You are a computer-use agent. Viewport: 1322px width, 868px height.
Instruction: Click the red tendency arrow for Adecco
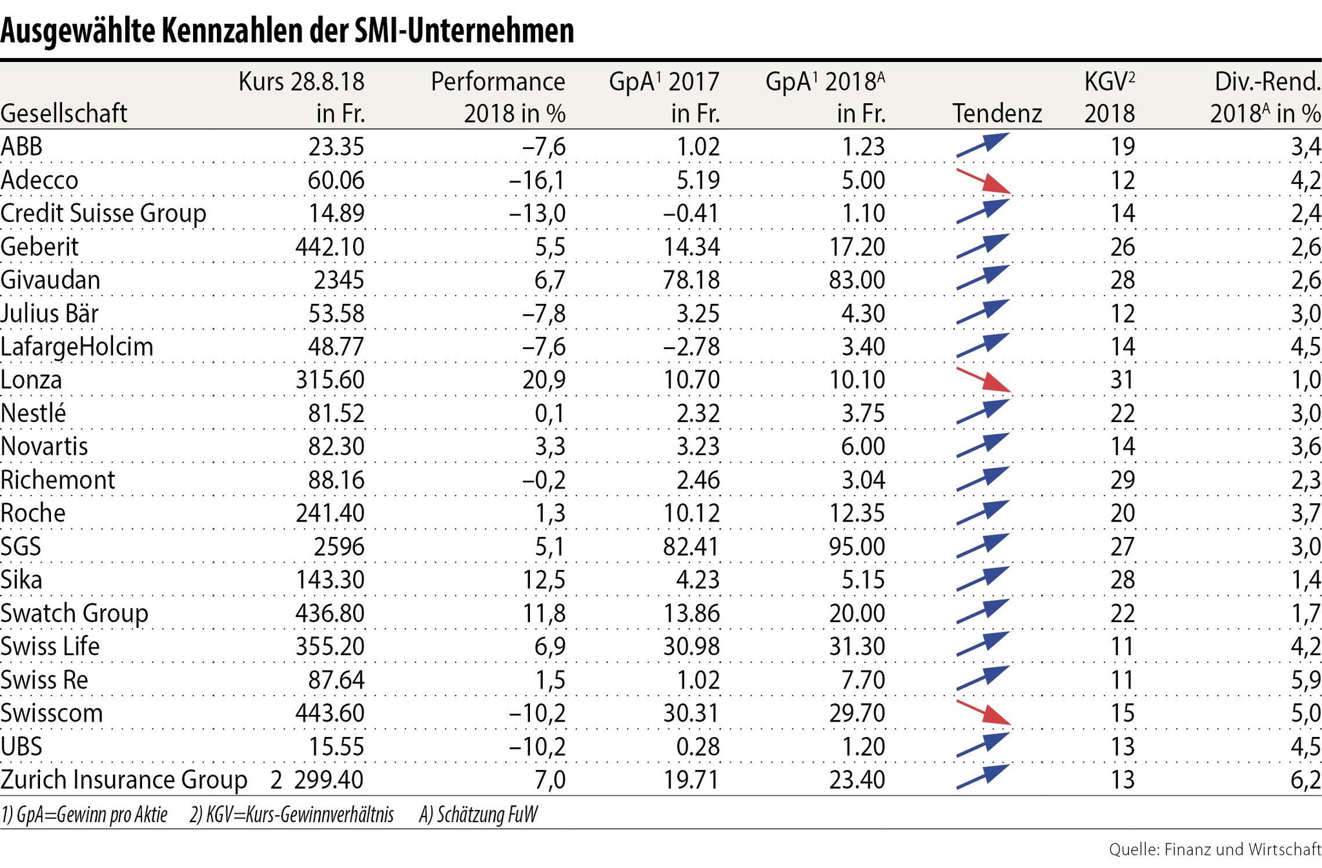(982, 181)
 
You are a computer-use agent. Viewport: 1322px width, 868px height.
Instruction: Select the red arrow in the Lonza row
(982, 380)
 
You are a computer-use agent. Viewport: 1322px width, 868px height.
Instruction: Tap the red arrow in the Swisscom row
(982, 712)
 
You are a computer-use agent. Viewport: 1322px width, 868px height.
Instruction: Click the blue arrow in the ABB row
(981, 145)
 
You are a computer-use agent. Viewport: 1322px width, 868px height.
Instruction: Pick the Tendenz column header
(997, 114)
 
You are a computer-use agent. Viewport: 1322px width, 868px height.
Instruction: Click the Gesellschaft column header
(64, 114)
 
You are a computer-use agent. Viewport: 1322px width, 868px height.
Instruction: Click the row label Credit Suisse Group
(103, 214)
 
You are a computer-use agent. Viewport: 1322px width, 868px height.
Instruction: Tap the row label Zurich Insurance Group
(123, 780)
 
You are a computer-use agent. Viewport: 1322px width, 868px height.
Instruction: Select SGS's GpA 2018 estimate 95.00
(857, 547)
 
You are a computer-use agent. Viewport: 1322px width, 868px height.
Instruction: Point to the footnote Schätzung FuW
(478, 815)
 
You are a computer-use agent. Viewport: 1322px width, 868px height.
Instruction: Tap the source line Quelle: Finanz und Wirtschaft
(1215, 849)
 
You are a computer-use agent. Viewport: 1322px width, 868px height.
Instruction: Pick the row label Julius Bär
(50, 314)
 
